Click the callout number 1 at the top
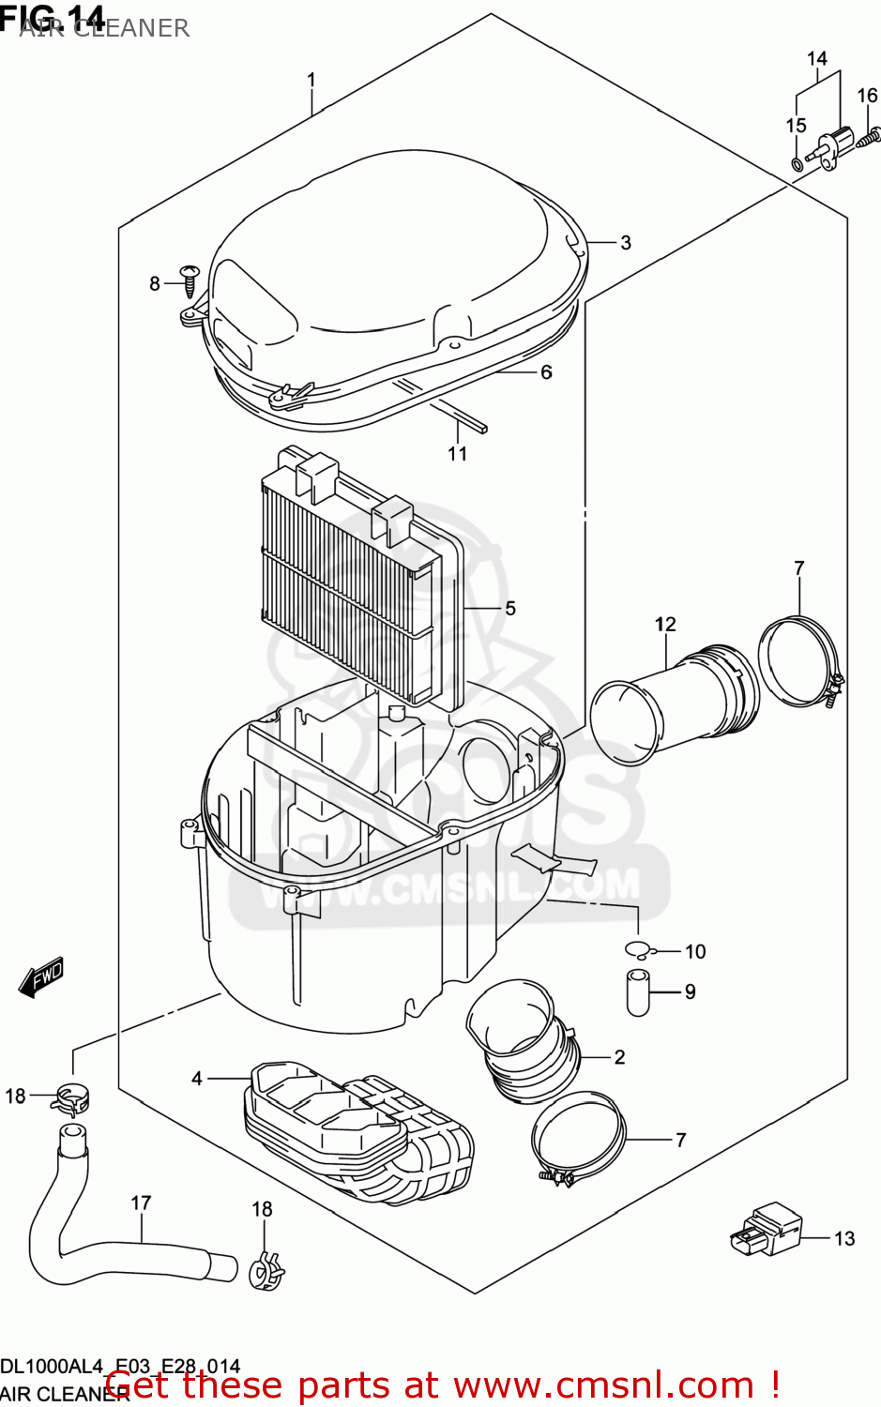(311, 80)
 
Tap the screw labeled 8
(190, 279)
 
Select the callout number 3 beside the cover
(626, 243)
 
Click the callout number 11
(457, 454)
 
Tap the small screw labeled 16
(870, 137)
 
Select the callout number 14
(817, 59)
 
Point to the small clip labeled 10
(638, 950)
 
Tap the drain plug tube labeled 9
(638, 992)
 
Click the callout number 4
(197, 1079)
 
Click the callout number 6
(546, 372)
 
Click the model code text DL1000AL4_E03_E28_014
(120, 1367)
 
